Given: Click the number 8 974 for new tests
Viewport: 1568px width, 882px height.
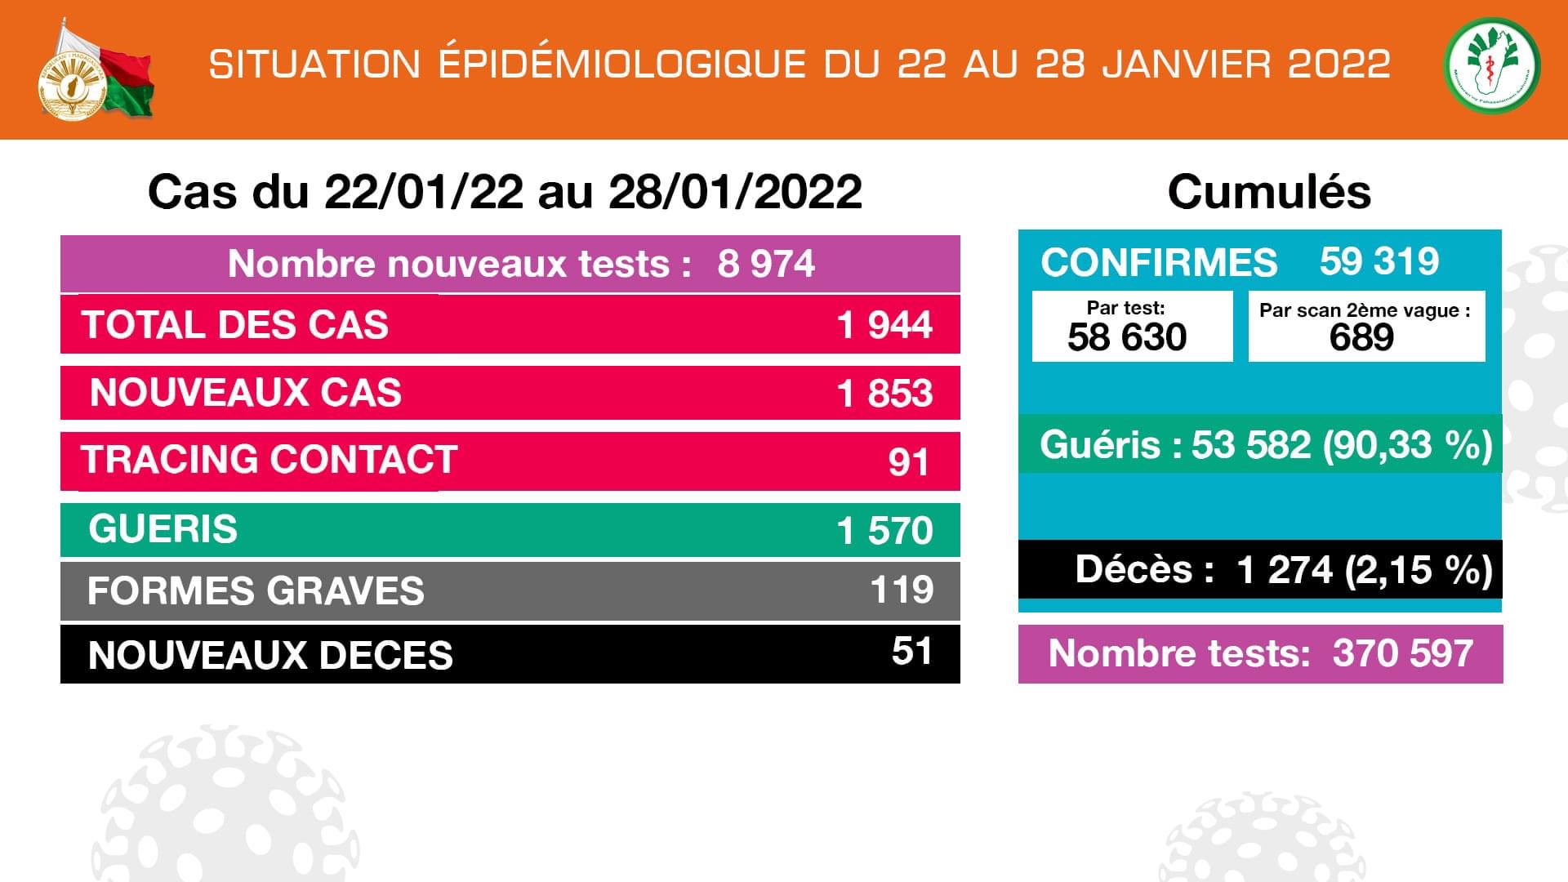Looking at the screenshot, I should click(x=765, y=264).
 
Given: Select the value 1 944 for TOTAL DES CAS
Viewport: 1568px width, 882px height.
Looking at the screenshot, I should click(x=884, y=325).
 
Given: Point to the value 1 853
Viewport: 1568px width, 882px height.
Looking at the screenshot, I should click(x=884, y=394).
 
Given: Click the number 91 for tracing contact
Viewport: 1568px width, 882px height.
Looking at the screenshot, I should click(x=908, y=462).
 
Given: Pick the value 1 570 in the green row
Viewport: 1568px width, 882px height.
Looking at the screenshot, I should click(x=884, y=531).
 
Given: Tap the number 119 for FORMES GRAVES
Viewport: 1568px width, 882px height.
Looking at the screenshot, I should click(x=902, y=590).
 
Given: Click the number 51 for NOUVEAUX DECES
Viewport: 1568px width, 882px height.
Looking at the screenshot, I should click(x=911, y=651).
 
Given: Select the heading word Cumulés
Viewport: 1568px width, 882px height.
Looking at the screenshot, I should click(x=1268, y=193).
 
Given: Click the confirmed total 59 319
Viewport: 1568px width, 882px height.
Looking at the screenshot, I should click(x=1379, y=261).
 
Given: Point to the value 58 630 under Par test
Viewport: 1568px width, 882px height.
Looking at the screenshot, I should click(x=1126, y=337).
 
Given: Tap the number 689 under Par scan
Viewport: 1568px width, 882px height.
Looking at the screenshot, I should click(x=1361, y=337).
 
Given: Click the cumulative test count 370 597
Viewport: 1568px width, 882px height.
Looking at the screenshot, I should click(x=1402, y=653).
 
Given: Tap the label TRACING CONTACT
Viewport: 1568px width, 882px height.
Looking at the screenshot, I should click(x=269, y=460).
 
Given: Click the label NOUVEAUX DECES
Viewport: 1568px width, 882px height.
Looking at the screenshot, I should click(x=269, y=655).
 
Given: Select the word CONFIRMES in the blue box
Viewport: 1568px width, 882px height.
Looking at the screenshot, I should click(x=1158, y=263).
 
